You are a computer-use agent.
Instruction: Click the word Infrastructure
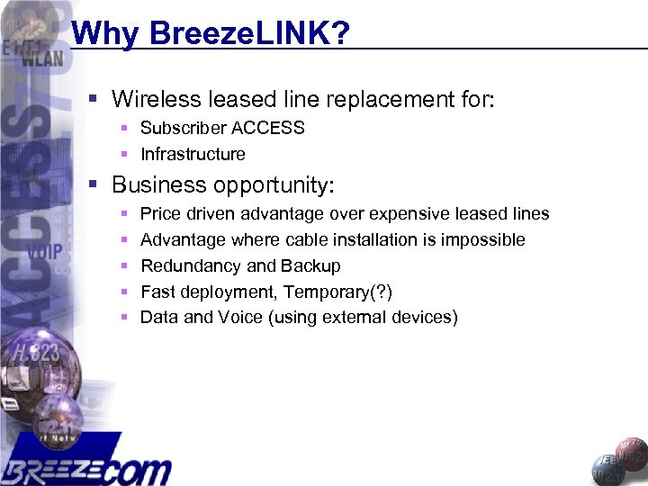(x=193, y=154)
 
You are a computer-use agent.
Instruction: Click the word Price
(x=160, y=214)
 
